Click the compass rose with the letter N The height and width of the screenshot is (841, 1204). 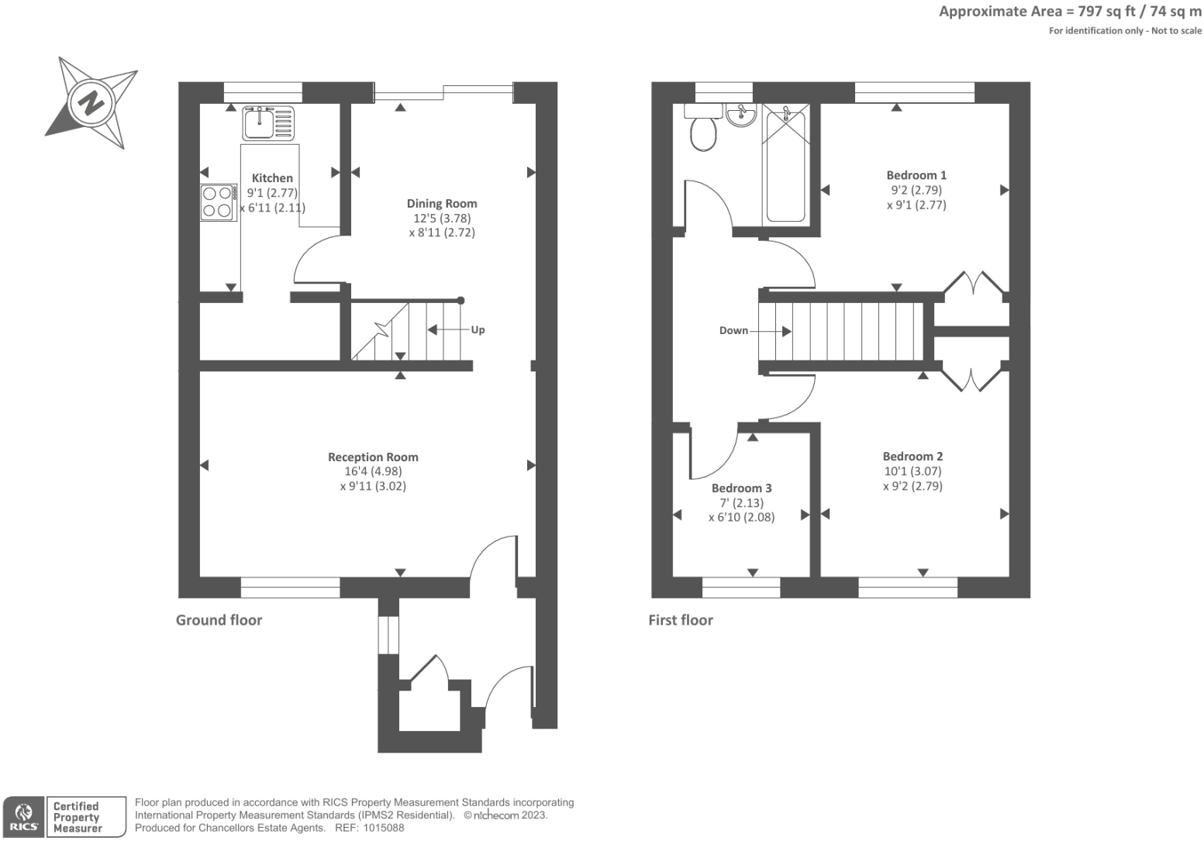(x=91, y=102)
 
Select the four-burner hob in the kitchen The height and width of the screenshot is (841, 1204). (x=218, y=202)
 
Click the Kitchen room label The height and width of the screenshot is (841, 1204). (x=272, y=178)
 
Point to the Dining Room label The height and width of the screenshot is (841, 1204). (x=442, y=204)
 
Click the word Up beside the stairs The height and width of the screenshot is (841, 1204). (x=478, y=330)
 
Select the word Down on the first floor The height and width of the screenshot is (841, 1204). (x=733, y=331)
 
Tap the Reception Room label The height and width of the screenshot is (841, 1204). (x=373, y=457)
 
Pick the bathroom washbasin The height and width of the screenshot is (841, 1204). (x=741, y=116)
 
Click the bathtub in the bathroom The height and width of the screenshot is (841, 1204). (x=785, y=167)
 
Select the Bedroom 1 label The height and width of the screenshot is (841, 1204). (x=916, y=175)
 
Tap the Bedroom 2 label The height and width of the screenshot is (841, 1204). (x=912, y=457)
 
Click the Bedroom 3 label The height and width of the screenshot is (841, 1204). (x=741, y=488)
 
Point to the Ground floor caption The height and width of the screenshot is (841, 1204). (x=219, y=620)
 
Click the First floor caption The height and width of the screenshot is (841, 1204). (x=680, y=620)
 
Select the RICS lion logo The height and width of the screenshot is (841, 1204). (x=24, y=816)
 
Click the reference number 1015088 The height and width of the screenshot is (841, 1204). (x=381, y=828)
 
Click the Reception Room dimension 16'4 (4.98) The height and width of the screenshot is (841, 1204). (x=373, y=471)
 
